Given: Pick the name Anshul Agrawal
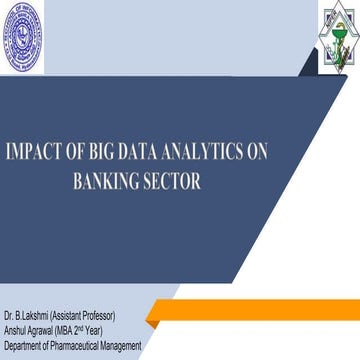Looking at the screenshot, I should (31, 315).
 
